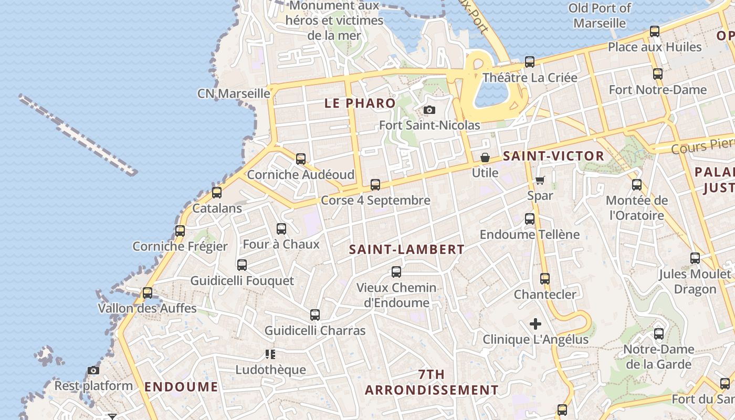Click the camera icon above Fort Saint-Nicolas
coord(429,110)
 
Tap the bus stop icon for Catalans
coord(217,193)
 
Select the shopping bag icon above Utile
coord(485,157)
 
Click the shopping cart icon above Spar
coord(540,180)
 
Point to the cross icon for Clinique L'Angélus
coord(535,324)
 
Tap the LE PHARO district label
coord(360,103)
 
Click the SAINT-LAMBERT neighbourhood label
coord(407,250)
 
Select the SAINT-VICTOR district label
coord(553,156)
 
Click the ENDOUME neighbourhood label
coord(181,387)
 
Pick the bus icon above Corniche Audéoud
coord(301,159)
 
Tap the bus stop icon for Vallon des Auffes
coord(148,292)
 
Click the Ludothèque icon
coord(270,354)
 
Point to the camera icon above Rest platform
coord(93,371)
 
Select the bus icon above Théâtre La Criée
coord(530,62)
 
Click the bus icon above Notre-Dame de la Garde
coord(659,334)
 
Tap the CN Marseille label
coord(234,93)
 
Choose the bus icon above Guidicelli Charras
coord(315,315)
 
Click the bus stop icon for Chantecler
coord(545,279)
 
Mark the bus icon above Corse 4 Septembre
coord(375,185)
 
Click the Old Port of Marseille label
coord(600,16)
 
